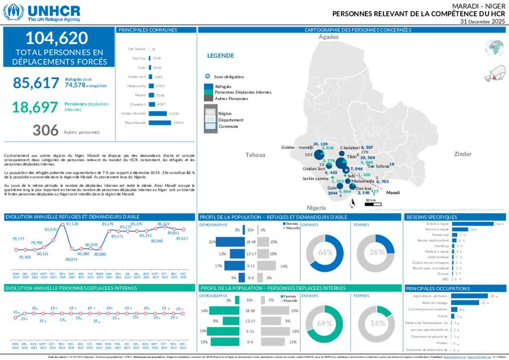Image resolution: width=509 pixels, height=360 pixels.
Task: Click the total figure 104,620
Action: [x=57, y=38]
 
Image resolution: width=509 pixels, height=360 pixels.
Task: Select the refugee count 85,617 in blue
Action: [x=36, y=83]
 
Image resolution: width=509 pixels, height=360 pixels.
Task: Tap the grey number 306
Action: [x=46, y=130]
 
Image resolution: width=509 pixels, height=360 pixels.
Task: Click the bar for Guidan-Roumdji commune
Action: [x=158, y=113]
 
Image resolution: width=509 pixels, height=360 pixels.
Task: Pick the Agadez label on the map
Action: [x=328, y=37]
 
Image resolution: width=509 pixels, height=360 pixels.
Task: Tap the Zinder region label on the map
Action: [x=462, y=154]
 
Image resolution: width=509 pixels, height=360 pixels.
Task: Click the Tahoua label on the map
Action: [x=255, y=155]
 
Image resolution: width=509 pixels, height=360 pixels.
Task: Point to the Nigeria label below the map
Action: [x=316, y=207]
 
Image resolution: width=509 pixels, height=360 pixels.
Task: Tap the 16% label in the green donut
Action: [x=378, y=323]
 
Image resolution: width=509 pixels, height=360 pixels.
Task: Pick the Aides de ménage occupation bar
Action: [x=465, y=302]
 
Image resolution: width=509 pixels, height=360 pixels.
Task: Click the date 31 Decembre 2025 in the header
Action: [x=482, y=22]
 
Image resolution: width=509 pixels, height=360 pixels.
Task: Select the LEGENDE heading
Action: [x=221, y=56]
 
